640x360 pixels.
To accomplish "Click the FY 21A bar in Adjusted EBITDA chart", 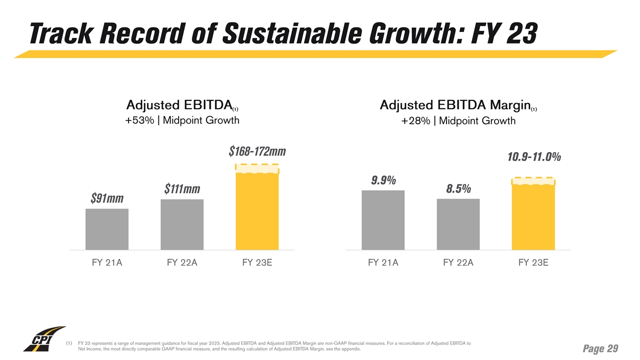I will pos(107,229).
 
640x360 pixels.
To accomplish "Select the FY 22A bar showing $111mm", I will pos(182,225).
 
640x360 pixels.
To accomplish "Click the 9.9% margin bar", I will pos(383,220).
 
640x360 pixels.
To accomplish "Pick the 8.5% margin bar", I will pos(458,224).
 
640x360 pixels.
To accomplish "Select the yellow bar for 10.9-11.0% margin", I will pos(533,216).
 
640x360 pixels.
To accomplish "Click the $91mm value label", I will pos(107,198).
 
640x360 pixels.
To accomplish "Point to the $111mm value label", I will pos(182,189).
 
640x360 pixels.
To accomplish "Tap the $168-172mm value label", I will pos(257,152).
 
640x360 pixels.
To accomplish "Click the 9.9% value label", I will pos(383,180).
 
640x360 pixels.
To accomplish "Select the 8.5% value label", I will pos(458,189).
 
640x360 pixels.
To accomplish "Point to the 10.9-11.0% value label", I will pos(533,157).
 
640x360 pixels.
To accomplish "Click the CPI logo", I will pos(44,339).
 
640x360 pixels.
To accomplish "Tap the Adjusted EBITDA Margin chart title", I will pos(458,105).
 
